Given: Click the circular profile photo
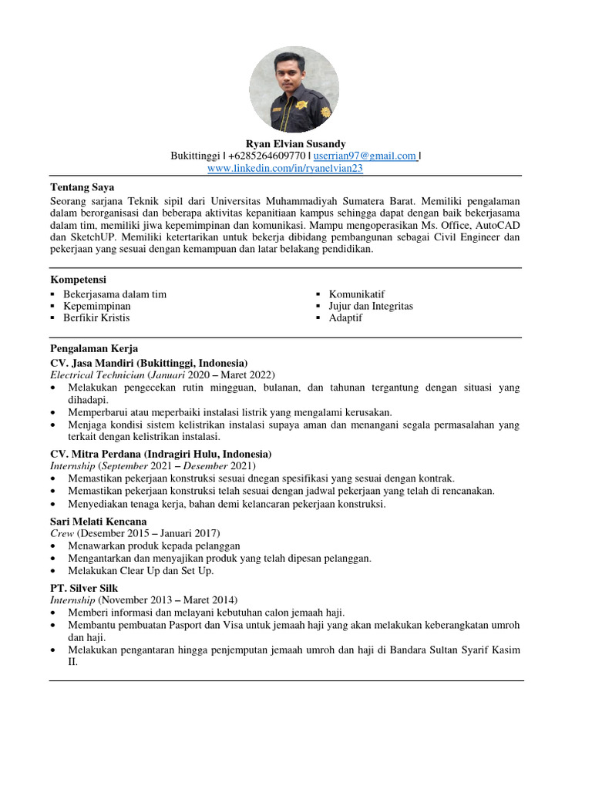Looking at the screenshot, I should click(x=294, y=89).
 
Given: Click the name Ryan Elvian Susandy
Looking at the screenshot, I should click(x=295, y=144).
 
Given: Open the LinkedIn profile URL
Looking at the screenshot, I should click(x=285, y=167).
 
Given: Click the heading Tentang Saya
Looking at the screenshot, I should click(x=82, y=187).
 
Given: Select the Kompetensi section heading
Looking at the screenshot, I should click(x=78, y=279).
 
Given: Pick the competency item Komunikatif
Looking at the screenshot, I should click(x=356, y=294).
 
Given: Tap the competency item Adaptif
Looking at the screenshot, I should click(x=345, y=317).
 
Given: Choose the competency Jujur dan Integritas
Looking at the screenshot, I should click(x=371, y=306).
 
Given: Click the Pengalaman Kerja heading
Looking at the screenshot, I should click(x=94, y=348).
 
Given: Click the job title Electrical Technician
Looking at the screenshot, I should click(x=97, y=374).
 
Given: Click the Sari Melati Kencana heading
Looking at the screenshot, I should click(x=99, y=522).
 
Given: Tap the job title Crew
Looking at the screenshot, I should click(x=62, y=533).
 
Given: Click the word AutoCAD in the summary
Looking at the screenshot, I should click(x=498, y=226).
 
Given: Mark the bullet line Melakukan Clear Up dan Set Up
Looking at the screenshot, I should click(x=140, y=570).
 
